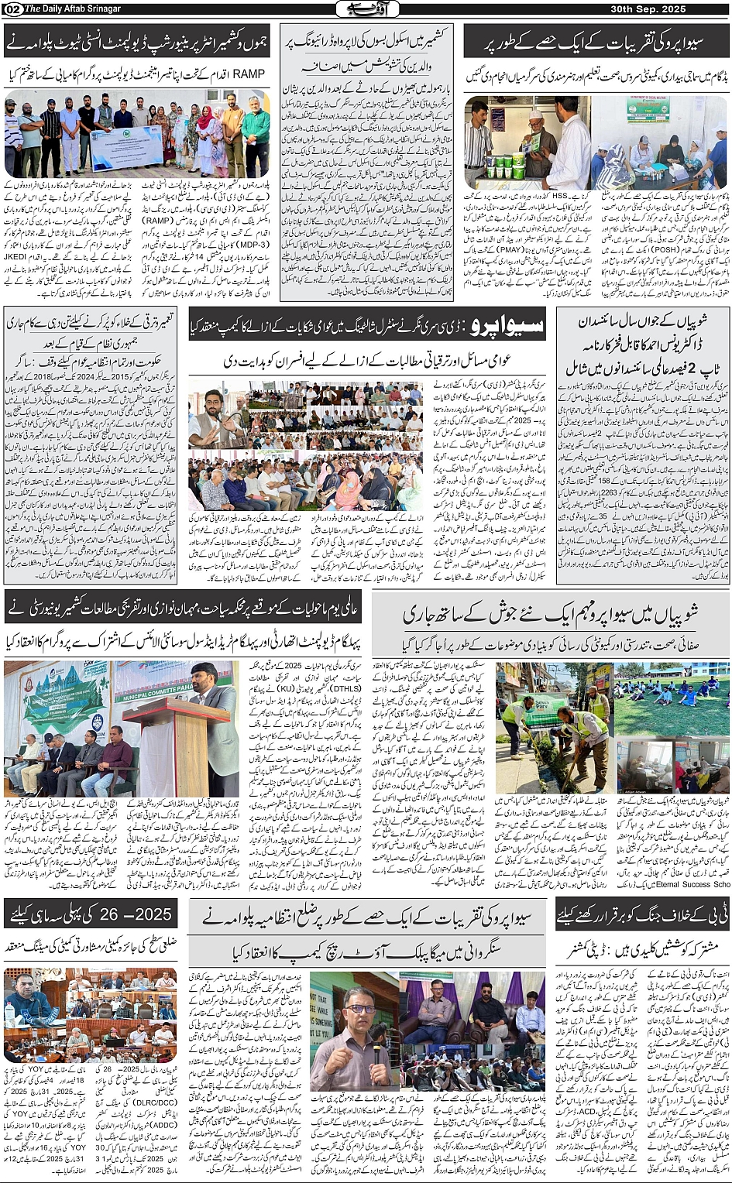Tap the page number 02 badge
pos(12,9)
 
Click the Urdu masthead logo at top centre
pos(366,9)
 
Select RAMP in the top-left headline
pos(249,74)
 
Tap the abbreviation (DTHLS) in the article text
pos(345,688)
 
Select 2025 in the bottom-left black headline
pos(152,914)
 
